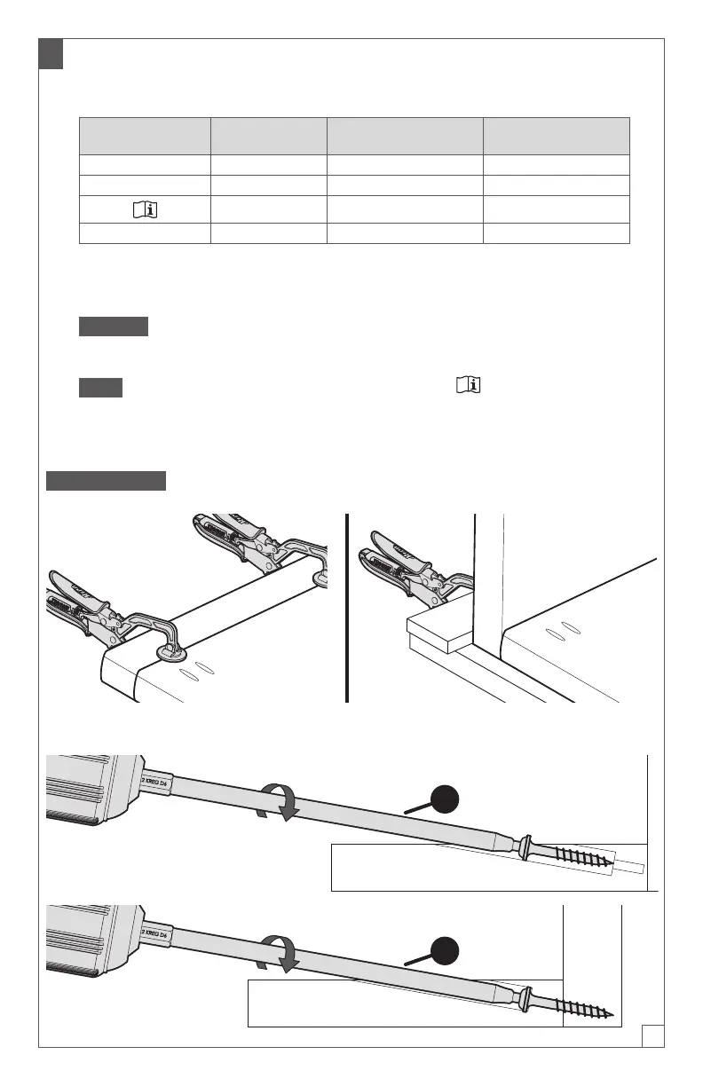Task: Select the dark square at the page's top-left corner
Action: click(51, 55)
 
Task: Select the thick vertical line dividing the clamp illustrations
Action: click(345, 608)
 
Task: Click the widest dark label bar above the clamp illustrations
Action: click(107, 480)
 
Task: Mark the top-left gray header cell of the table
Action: click(145, 136)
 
